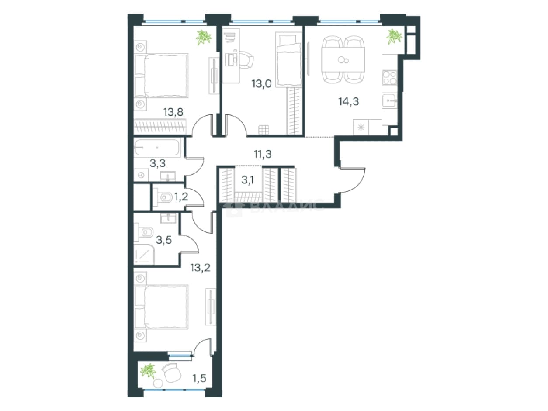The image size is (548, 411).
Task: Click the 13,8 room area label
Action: click(173, 112)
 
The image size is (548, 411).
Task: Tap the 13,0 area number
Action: click(261, 83)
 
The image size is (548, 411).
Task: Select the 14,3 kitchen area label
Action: click(349, 101)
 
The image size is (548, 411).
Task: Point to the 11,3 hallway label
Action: click(263, 154)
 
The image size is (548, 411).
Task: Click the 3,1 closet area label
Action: click(248, 180)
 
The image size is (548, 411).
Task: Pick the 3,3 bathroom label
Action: click(157, 163)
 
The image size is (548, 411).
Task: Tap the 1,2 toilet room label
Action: click(181, 197)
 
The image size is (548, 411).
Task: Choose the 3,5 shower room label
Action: click(164, 240)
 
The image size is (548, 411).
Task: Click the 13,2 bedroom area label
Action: click(200, 268)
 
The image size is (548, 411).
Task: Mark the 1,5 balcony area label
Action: click(199, 378)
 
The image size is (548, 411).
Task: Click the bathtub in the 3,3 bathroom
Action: click(157, 148)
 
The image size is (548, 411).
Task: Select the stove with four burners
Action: click(389, 77)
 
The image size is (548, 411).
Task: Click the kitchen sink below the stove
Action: click(389, 100)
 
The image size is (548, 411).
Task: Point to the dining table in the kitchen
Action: click(343, 60)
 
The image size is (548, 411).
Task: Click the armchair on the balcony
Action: click(171, 373)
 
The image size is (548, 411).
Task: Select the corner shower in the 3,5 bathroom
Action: click(144, 254)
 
